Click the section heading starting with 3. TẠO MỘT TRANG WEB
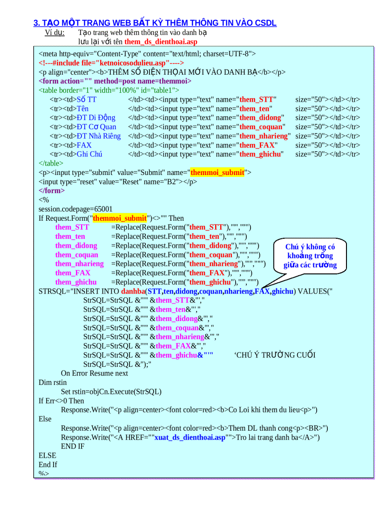click(155, 23)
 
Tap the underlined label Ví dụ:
click(54, 33)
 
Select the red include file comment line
click(111, 63)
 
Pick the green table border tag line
click(109, 90)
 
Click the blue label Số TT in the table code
click(87, 99)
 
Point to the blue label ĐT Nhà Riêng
click(99, 136)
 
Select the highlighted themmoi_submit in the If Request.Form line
click(120, 218)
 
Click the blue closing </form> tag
click(52, 191)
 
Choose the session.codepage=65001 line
click(75, 209)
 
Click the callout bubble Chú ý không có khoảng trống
click(310, 256)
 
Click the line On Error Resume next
click(95, 373)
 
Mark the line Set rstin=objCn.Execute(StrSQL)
click(111, 391)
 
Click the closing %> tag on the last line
click(43, 474)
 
